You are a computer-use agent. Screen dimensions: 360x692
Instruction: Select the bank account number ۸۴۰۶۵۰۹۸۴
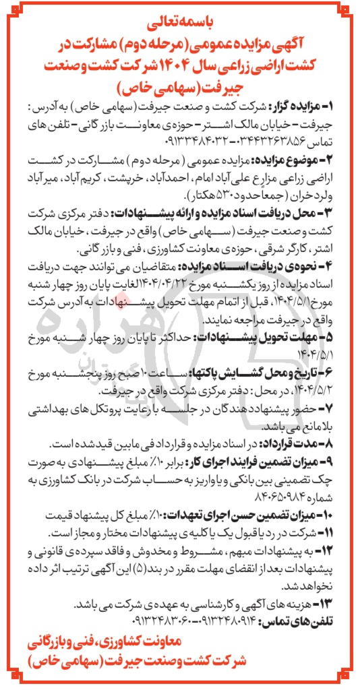pos(317,495)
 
